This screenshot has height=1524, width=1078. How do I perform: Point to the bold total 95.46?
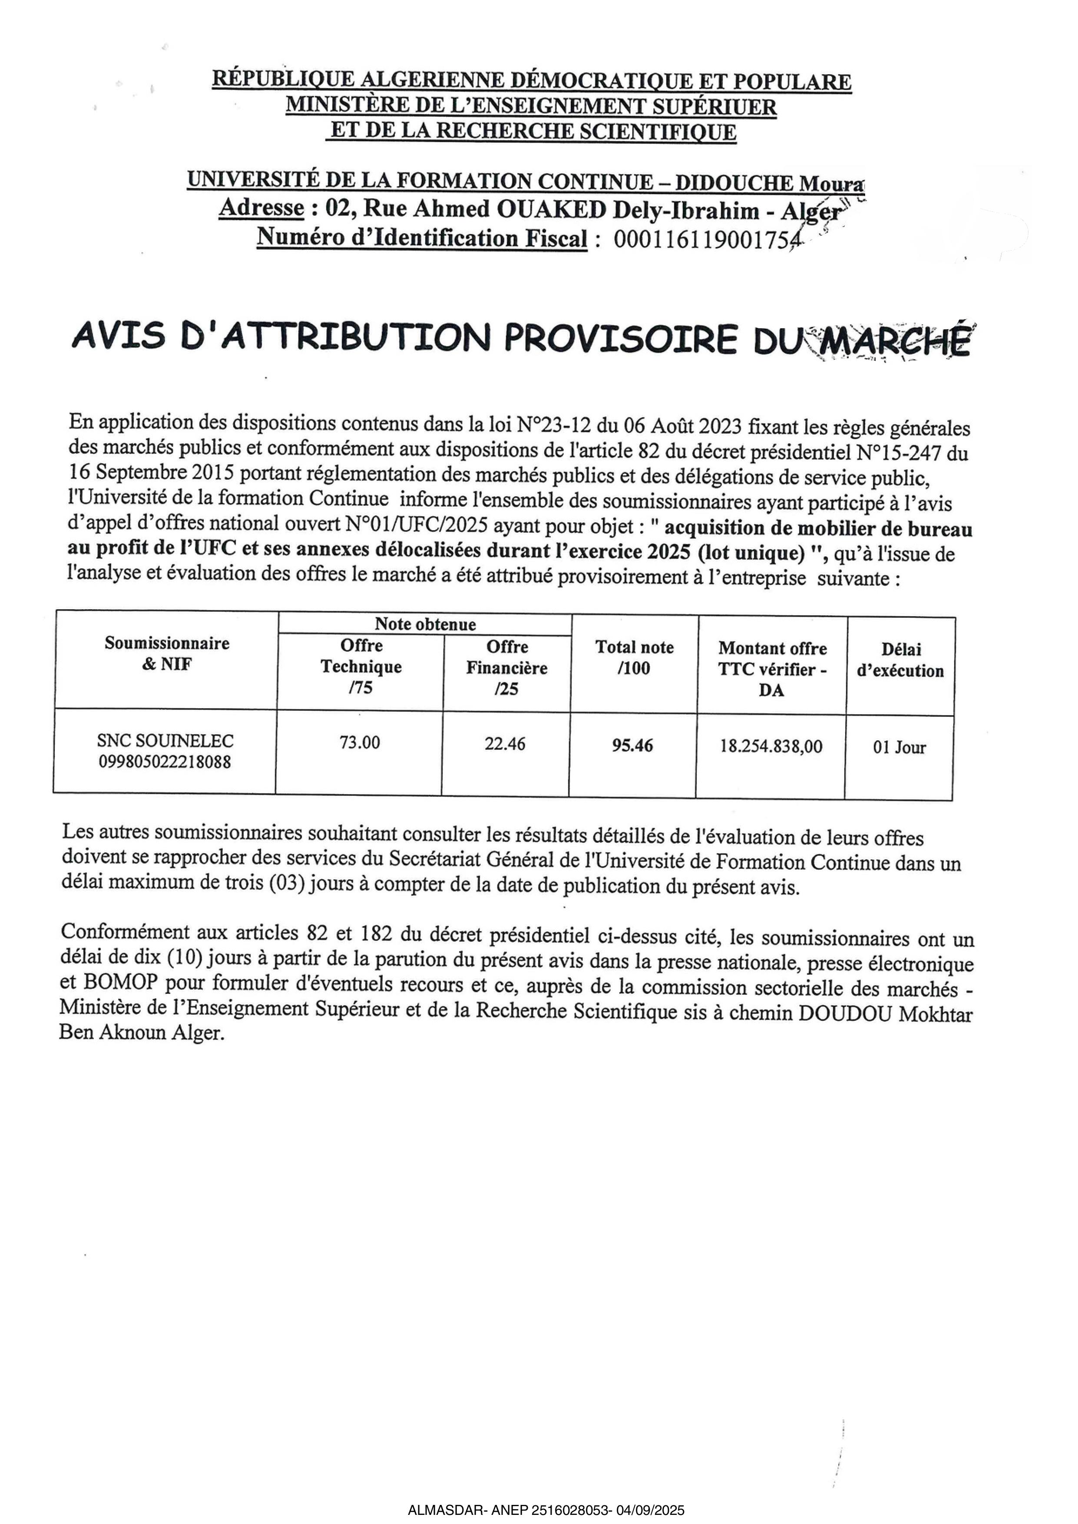coord(632,746)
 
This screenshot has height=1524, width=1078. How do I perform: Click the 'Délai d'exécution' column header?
coord(901,660)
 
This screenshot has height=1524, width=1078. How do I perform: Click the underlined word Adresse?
coord(261,208)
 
